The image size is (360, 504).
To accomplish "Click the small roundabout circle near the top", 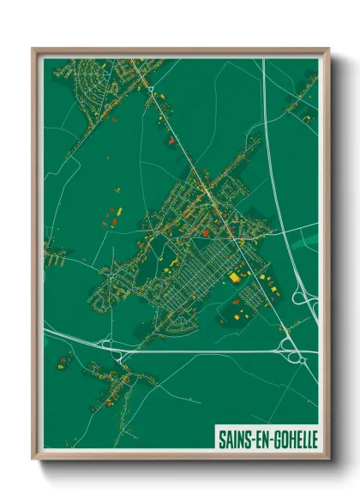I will (150, 88).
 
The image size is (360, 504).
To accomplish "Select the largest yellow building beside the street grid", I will (234, 277).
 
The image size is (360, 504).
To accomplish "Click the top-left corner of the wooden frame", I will (34, 50).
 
